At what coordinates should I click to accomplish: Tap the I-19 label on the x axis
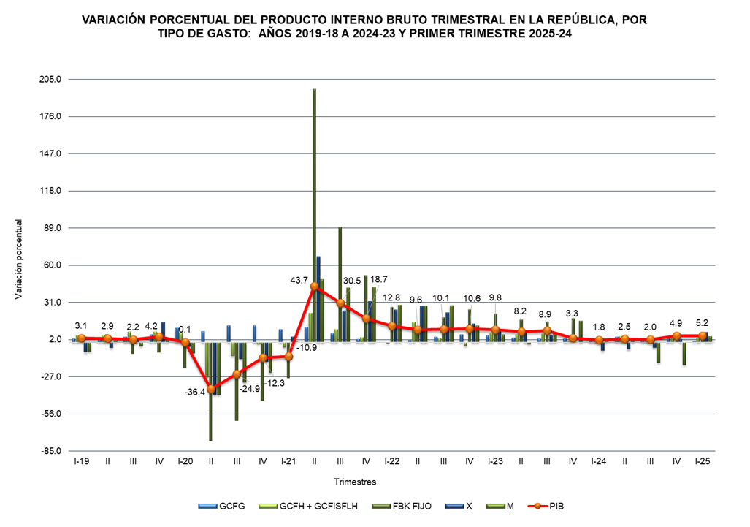point(81,462)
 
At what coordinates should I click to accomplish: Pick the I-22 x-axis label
point(392,462)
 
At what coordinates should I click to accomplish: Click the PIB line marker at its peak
point(315,287)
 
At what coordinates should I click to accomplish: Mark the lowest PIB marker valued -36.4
point(211,390)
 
